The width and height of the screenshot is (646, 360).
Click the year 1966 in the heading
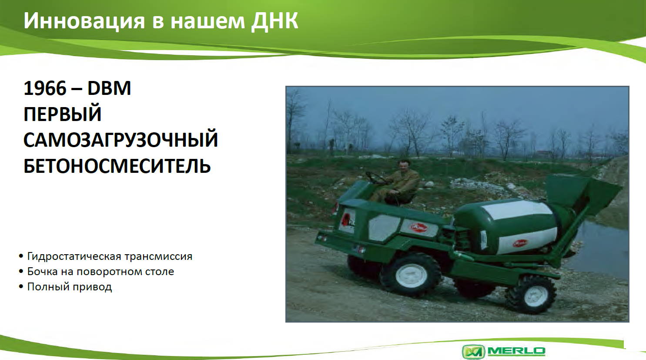pyautogui.click(x=45, y=88)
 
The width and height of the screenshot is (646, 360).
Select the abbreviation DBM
pyautogui.click(x=109, y=88)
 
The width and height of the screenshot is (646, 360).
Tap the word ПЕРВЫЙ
pyautogui.click(x=62, y=114)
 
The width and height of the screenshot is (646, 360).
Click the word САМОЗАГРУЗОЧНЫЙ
pyautogui.click(x=120, y=140)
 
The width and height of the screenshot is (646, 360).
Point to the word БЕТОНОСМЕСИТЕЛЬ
pyautogui.click(x=117, y=166)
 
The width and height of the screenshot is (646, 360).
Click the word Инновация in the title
pyautogui.click(x=84, y=21)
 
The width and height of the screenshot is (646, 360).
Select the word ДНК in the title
pyautogui.click(x=274, y=21)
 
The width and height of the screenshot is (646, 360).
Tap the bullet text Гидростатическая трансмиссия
pyautogui.click(x=110, y=256)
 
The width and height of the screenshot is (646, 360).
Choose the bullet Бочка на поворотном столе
pyautogui.click(x=100, y=271)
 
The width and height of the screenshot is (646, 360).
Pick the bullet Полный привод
pyautogui.click(x=69, y=287)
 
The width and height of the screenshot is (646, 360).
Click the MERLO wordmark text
pyautogui.click(x=516, y=351)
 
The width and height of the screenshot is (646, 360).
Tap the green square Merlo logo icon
pyautogui.click(x=474, y=351)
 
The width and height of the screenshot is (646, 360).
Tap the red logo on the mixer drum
pyautogui.click(x=520, y=243)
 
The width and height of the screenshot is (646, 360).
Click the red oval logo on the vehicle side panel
pyautogui.click(x=419, y=227)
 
